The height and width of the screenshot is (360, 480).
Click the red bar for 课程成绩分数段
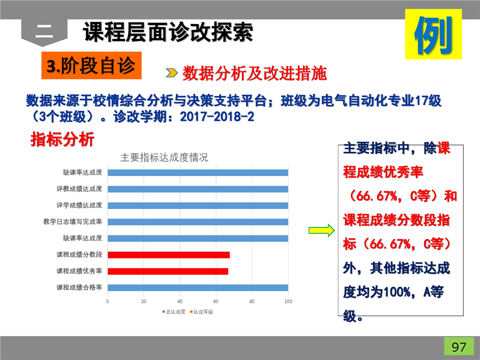tap(168, 254)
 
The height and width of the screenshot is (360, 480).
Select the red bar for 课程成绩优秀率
tap(168, 271)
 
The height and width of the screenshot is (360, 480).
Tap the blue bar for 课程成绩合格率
tap(198, 287)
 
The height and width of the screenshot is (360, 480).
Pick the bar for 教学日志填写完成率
tap(198, 222)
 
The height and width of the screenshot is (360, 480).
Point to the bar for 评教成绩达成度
tap(198, 189)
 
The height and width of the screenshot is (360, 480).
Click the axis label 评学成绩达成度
tap(79, 205)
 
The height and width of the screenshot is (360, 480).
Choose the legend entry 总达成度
tap(174, 311)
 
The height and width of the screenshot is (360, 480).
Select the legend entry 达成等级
tap(201, 311)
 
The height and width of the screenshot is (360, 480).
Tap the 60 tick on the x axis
tap(216, 301)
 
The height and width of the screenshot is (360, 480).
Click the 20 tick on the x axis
tap(143, 301)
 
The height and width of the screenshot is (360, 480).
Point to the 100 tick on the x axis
tap(288, 301)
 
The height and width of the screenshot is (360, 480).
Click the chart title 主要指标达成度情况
tap(164, 157)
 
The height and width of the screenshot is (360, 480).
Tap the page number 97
tap(459, 347)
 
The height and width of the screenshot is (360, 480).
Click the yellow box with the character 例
tap(433, 34)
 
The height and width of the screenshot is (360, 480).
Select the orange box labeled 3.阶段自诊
tap(91, 65)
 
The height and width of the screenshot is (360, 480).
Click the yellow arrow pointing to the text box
tap(321, 230)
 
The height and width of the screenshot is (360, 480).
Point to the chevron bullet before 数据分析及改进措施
tap(171, 73)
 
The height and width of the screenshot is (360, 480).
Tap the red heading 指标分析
tap(62, 139)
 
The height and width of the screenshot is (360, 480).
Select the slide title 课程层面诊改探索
tap(168, 32)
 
